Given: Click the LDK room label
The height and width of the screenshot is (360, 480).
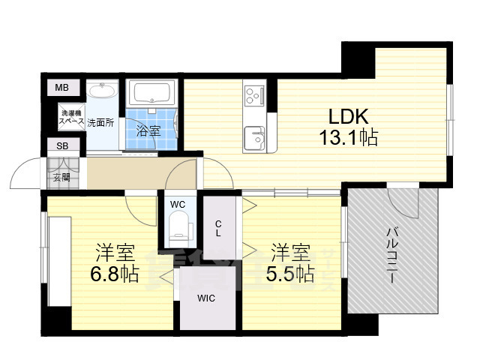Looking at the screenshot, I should (x=347, y=117).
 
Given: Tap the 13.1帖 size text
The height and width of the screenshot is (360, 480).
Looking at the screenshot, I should (x=347, y=138).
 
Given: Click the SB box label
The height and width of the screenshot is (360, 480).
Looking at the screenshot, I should (x=61, y=146).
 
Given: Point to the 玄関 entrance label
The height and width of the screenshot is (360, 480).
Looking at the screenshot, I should (x=61, y=178).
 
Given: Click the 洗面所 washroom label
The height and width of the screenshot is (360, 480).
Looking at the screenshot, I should (x=100, y=122).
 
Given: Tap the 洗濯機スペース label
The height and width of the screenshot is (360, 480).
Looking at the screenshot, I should (x=72, y=117).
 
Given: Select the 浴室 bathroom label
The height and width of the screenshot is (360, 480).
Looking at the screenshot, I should (x=148, y=130).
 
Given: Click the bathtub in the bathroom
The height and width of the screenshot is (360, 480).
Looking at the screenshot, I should (x=153, y=94).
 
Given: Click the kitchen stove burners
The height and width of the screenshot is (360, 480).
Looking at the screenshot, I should (x=253, y=97).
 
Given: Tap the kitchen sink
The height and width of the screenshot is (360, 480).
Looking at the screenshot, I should (x=255, y=137).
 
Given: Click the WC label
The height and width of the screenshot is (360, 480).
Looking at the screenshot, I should (x=177, y=204).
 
